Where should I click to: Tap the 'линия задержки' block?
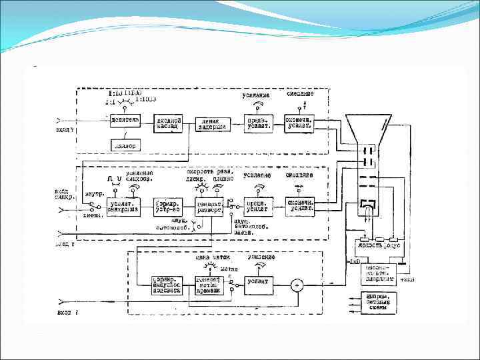(213, 125)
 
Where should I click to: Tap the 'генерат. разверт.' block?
(209, 206)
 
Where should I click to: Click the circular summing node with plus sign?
(298, 285)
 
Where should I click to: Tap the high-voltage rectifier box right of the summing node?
(378, 273)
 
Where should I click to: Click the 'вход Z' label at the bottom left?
(67, 311)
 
